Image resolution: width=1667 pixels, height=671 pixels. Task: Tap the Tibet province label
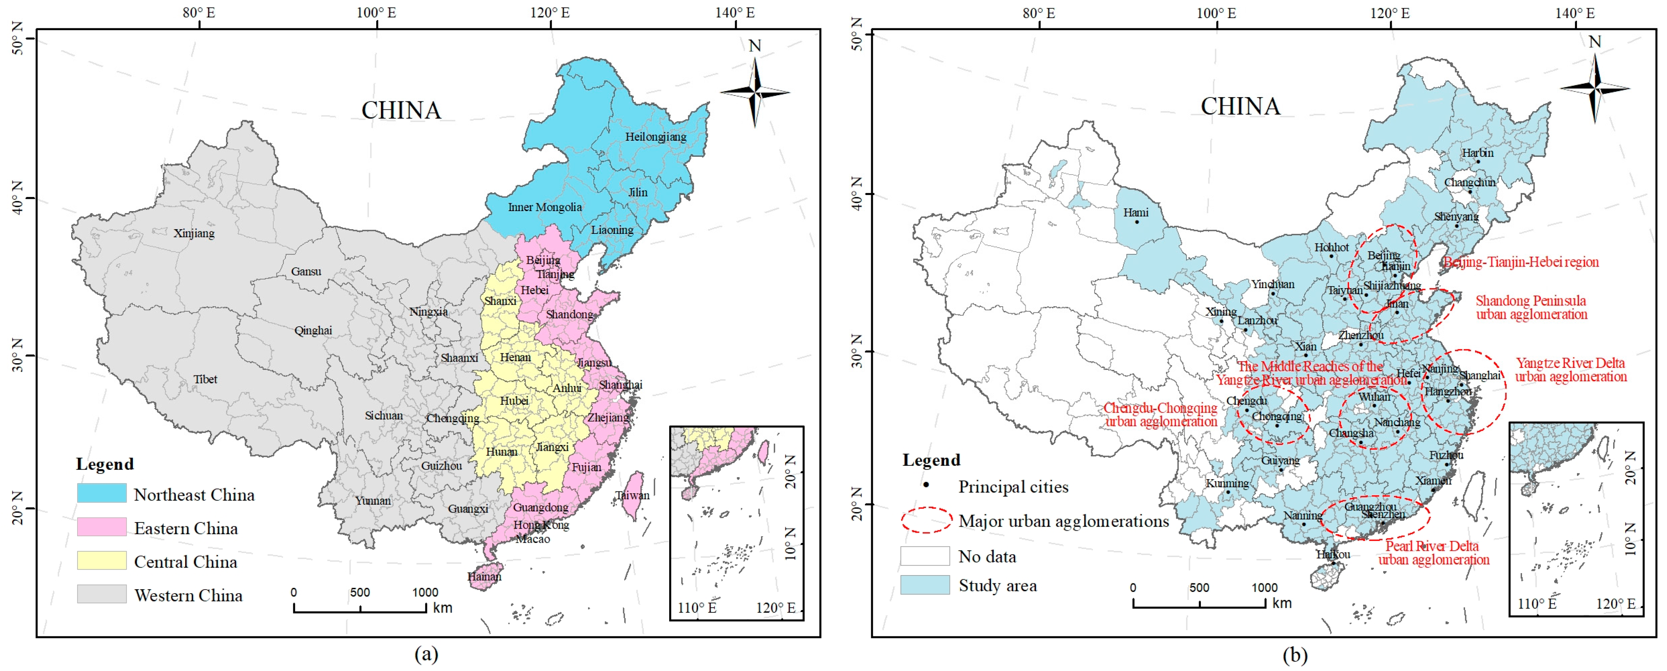point(205,379)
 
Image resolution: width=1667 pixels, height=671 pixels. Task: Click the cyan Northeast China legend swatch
point(101,493)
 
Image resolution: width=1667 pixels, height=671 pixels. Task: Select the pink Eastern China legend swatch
point(101,527)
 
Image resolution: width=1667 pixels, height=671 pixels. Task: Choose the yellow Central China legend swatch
point(101,561)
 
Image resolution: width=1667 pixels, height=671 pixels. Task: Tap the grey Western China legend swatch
point(101,594)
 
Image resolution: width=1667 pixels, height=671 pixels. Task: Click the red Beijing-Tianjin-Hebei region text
point(1521,262)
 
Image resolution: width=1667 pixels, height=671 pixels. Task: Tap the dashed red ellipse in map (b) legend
point(926,520)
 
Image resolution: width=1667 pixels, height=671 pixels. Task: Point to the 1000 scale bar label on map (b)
point(1264,588)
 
